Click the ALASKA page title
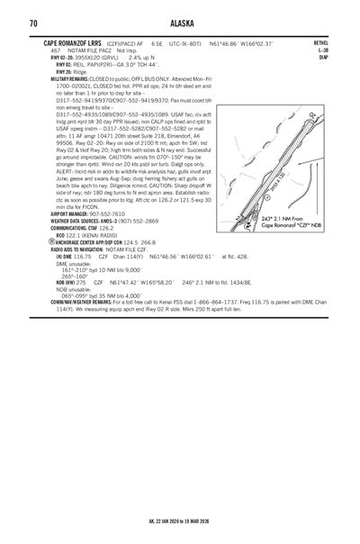pos(180,23)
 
